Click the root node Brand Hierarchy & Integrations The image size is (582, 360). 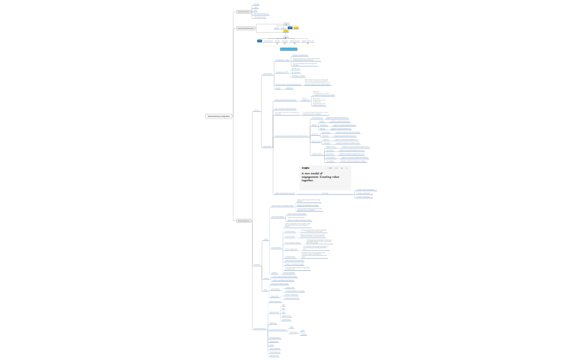tap(218, 116)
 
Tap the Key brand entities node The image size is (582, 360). tap(243, 12)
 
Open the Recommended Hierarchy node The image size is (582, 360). tap(246, 28)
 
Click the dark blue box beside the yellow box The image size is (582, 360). tap(290, 27)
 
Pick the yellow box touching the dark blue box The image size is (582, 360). tap(296, 27)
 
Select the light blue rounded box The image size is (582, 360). tap(288, 49)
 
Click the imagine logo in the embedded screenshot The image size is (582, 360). tap(305, 168)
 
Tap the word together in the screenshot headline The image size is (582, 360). tap(308, 181)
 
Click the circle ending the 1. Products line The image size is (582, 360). tap(376, 191)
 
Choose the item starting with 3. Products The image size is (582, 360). tap(363, 197)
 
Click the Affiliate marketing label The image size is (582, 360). tap(274, 356)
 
